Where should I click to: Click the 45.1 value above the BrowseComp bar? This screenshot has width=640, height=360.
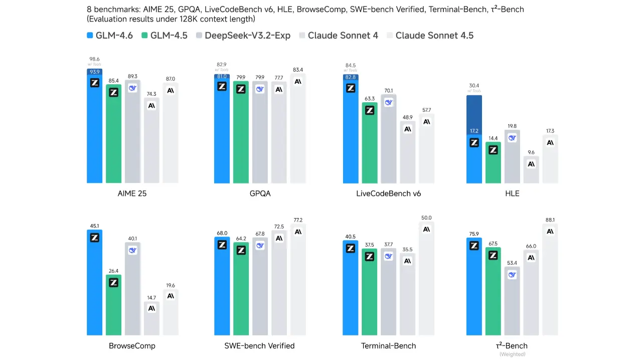[x=94, y=225]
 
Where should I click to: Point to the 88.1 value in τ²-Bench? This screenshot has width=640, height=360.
[x=550, y=220]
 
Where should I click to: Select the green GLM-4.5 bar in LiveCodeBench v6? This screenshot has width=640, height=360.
[x=370, y=145]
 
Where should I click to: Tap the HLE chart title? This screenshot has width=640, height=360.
[x=512, y=193]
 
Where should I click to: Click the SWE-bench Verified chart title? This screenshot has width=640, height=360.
[x=259, y=345]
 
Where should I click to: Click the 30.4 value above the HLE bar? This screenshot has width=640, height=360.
[x=474, y=86]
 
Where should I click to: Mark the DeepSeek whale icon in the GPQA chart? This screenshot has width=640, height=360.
[x=260, y=89]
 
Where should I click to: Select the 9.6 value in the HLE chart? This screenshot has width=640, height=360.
[x=531, y=152]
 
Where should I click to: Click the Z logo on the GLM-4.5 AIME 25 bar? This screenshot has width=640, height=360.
[x=113, y=92]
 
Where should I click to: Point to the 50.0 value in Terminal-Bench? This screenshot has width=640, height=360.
[x=426, y=218]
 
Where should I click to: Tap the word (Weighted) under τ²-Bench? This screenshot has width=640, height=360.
[x=512, y=354]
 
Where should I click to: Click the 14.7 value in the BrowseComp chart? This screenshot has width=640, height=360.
[x=151, y=297]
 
